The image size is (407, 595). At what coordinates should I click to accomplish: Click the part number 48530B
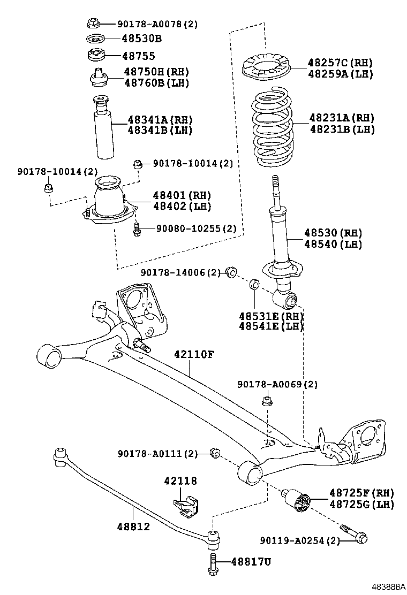(141, 39)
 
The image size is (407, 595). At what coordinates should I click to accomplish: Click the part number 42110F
(194, 355)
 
